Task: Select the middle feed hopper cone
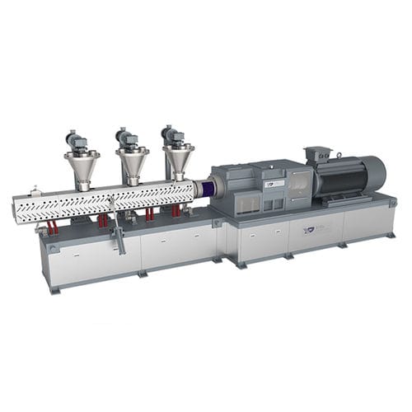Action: [132, 163]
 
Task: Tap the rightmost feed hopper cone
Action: [177, 160]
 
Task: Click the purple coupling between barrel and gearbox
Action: [202, 189]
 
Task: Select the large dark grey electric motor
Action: [346, 176]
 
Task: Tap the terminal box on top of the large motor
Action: [316, 154]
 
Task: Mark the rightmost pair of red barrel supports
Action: [176, 211]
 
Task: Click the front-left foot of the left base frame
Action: [55, 288]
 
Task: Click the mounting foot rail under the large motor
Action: [346, 202]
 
